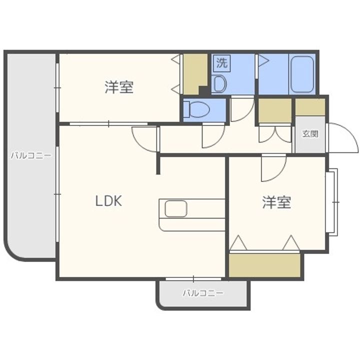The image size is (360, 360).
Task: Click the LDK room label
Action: point(108,201)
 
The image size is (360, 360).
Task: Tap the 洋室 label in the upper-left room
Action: point(119,87)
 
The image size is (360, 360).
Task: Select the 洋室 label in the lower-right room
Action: point(276,202)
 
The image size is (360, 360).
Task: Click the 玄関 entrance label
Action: point(310,133)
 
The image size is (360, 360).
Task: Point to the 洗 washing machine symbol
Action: point(222,62)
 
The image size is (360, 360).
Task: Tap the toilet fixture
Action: point(197,109)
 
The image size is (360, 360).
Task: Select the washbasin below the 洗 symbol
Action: point(219,82)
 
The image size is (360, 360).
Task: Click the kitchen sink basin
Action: point(176,208)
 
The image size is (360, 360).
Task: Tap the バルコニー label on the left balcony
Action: point(31,156)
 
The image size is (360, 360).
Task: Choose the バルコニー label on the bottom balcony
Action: point(202,293)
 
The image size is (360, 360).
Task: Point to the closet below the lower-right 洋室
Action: point(265,265)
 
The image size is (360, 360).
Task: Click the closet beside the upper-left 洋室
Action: point(194,74)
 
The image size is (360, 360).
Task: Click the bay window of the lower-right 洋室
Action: point(332,202)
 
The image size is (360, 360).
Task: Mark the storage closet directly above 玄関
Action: point(310,107)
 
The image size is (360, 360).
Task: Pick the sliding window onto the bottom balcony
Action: point(193,279)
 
